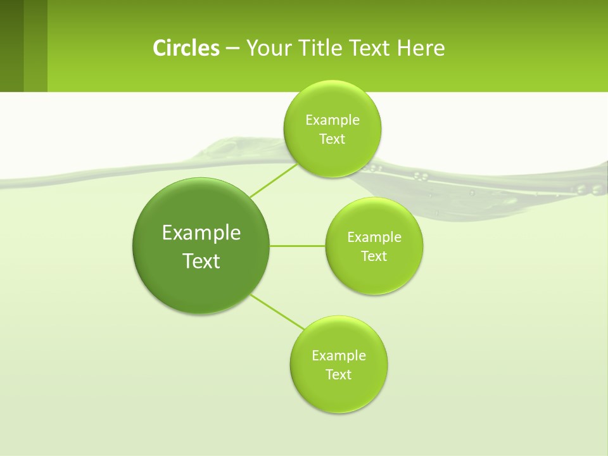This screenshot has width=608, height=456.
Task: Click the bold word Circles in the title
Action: click(x=186, y=48)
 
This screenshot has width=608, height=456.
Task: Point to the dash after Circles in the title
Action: click(x=232, y=49)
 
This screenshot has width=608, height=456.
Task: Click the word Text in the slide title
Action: click(x=370, y=48)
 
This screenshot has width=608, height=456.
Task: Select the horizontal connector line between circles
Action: click(x=298, y=246)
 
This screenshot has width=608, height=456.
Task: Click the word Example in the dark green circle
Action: click(x=201, y=232)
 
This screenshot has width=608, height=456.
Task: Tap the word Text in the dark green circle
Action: click(x=201, y=261)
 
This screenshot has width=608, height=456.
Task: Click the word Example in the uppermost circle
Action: click(x=332, y=120)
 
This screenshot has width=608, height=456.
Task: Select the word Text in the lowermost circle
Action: click(x=338, y=374)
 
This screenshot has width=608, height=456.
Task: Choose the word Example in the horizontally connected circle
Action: click(x=374, y=237)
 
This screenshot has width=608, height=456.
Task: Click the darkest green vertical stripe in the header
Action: click(x=11, y=46)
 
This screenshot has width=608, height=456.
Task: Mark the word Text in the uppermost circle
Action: click(x=332, y=139)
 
